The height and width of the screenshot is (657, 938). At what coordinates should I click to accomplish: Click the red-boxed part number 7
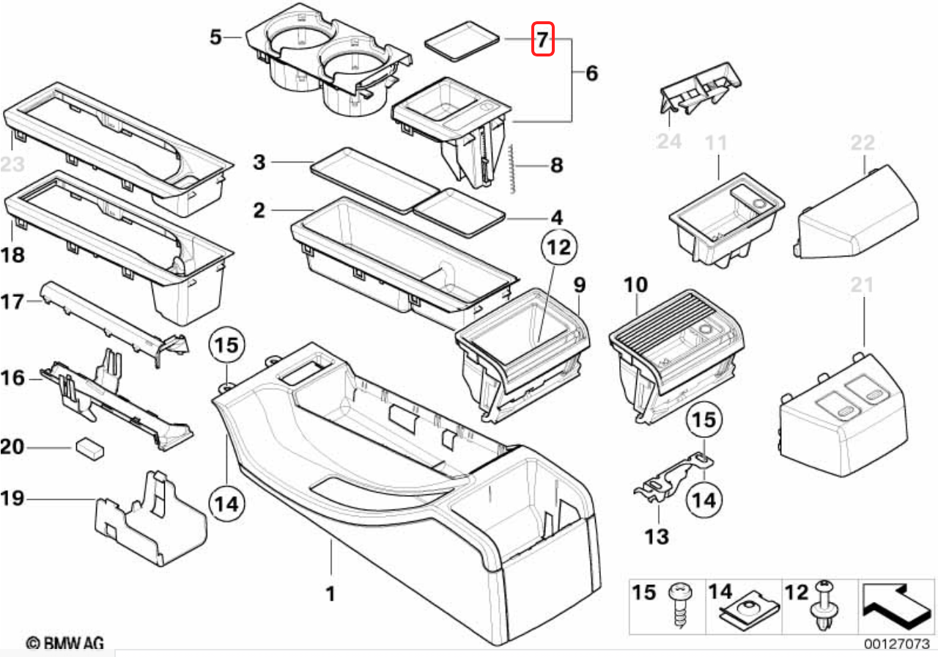542,39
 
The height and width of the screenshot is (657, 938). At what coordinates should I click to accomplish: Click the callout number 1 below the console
330,592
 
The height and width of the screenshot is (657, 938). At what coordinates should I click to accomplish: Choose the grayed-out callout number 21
863,285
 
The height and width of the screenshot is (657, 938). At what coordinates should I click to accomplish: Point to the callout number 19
12,499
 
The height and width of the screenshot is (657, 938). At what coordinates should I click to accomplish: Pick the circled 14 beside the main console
227,503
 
